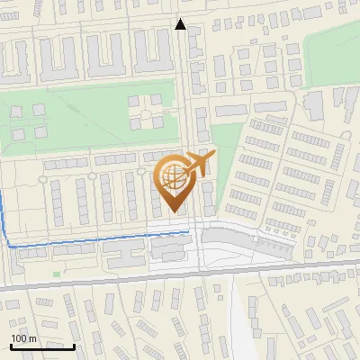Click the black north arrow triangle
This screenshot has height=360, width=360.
181,24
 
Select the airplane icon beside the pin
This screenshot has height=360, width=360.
200,165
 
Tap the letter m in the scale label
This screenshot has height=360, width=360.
33,338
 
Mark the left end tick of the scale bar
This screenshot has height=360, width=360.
11,346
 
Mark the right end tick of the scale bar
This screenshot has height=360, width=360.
74,346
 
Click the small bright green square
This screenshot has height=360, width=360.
56,273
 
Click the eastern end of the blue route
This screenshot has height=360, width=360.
187,232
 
